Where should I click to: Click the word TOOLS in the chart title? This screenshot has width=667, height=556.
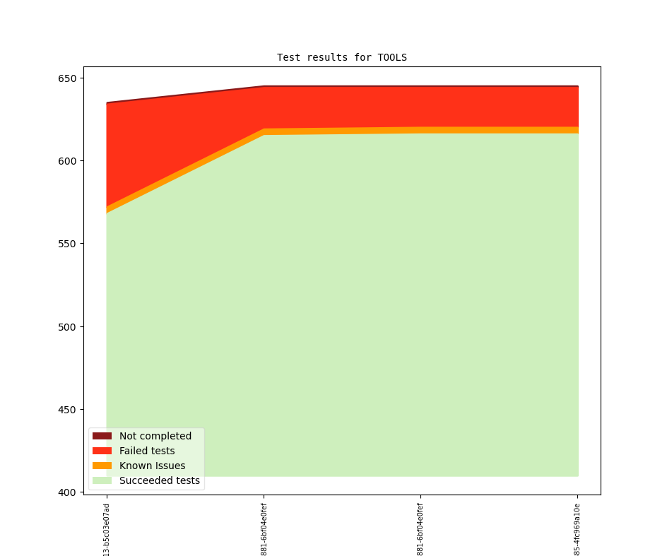(x=392, y=57)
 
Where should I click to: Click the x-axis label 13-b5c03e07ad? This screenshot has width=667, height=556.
(x=107, y=529)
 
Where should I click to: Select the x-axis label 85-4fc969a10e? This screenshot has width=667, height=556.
(x=577, y=529)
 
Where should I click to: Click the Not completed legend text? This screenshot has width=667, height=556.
(x=155, y=436)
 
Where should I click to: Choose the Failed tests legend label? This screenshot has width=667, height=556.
(x=147, y=451)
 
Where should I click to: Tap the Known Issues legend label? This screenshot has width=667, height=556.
(x=152, y=466)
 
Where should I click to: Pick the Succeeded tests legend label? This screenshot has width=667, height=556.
(x=160, y=480)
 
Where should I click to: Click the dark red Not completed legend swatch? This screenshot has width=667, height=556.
(x=102, y=436)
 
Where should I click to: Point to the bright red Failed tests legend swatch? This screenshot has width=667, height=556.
(x=102, y=451)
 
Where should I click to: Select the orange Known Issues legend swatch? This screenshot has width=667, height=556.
(x=102, y=466)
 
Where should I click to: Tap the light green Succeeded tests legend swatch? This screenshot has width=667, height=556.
(x=102, y=480)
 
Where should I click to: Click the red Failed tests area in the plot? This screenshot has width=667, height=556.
(x=353, y=107)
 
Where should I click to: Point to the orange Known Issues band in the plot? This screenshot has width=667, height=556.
(x=424, y=130)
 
